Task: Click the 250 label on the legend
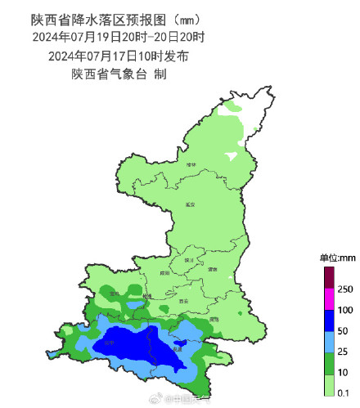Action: [344, 289]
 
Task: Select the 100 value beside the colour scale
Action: [344, 311]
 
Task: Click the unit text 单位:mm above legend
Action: [336, 258]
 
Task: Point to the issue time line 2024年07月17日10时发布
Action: [119, 56]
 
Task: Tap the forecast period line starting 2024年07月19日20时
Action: [119, 37]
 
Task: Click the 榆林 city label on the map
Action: [191, 164]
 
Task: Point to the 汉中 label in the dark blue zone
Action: [108, 343]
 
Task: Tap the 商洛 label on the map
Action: [214, 319]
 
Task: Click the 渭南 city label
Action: [212, 269]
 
